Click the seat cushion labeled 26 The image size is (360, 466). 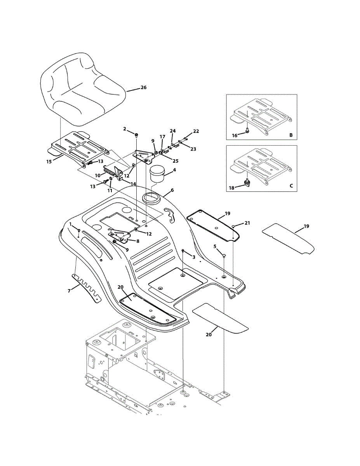(x=82, y=91)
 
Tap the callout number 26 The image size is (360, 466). (x=143, y=88)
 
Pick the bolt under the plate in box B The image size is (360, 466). (x=247, y=133)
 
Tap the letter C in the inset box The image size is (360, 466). (x=291, y=186)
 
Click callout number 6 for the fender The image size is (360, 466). (x=172, y=191)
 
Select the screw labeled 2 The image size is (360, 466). (x=136, y=135)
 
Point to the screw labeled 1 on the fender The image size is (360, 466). (x=79, y=231)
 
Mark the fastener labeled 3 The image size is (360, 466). (x=183, y=252)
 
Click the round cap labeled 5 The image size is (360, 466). (x=224, y=255)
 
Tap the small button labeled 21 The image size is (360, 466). (x=233, y=226)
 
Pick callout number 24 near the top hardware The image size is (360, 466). (x=172, y=131)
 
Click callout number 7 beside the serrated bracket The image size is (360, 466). (x=69, y=290)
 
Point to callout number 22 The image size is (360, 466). (x=196, y=131)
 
